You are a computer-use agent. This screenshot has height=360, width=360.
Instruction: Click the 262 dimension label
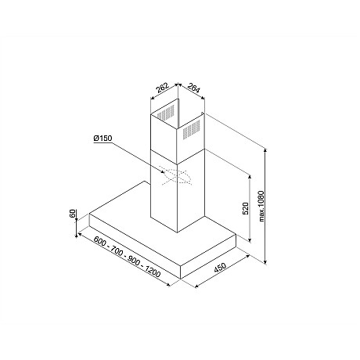pos(163,88)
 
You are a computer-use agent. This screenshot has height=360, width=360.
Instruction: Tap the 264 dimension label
pos(193,88)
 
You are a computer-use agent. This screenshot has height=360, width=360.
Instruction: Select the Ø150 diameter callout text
pos(103,139)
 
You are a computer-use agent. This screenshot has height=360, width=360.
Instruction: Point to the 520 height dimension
pos(246,208)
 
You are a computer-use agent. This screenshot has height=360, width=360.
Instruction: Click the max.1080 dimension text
pos(261,207)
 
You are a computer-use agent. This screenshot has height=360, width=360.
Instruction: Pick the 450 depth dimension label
pos(220,268)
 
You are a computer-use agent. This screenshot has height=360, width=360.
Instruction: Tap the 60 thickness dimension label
pos(73,213)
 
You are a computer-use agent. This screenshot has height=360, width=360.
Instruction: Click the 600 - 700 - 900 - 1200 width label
pos(127,257)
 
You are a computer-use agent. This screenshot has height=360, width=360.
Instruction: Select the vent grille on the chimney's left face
pos(165,113)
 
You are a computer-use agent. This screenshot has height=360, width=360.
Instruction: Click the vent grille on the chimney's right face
pos(191,129)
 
